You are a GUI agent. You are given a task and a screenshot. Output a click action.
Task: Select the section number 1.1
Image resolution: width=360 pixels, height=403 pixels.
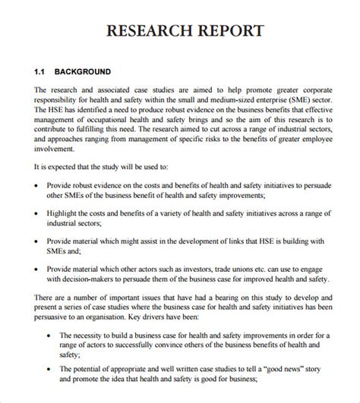coord(40,72)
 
